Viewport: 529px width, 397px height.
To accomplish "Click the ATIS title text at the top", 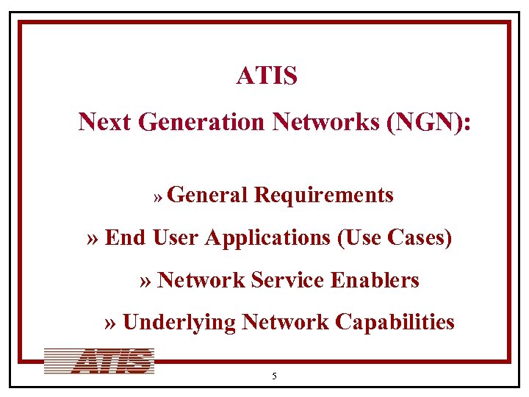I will pyautogui.click(x=267, y=76).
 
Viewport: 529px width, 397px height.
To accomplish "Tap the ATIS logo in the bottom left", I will pyautogui.click(x=99, y=361).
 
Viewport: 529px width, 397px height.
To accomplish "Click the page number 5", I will pyautogui.click(x=274, y=376).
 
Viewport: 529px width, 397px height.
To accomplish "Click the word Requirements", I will pyautogui.click(x=324, y=195).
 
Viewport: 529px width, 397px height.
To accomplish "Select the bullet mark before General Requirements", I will pyautogui.click(x=158, y=197).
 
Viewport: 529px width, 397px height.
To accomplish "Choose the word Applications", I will pyautogui.click(x=268, y=238).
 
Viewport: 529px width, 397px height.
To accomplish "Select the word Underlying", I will pyautogui.click(x=179, y=322).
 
